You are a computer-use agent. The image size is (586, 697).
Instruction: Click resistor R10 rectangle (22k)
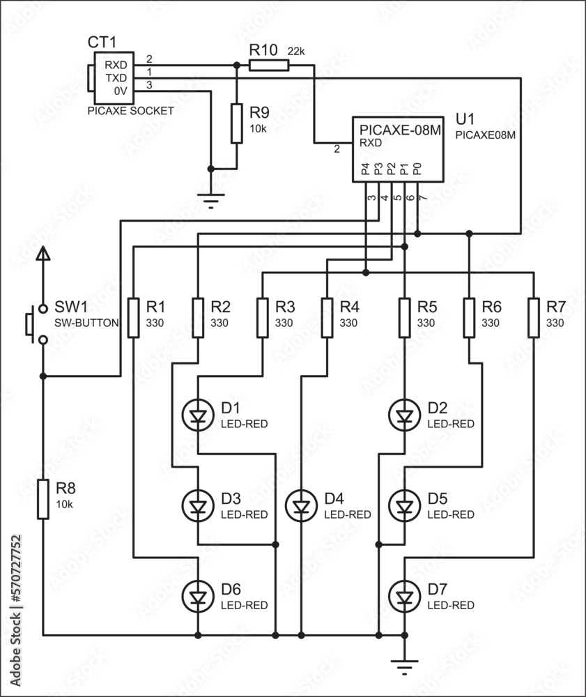(268, 66)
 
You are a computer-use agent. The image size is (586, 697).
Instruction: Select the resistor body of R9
(237, 124)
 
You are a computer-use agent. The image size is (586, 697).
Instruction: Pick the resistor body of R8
(43, 499)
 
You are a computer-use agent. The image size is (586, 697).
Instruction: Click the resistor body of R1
(134, 318)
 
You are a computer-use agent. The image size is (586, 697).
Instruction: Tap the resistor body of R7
(534, 318)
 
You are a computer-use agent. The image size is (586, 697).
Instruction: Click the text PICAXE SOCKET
(130, 110)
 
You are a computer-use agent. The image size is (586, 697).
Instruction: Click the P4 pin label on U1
(364, 169)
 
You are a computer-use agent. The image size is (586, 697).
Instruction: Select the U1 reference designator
(465, 119)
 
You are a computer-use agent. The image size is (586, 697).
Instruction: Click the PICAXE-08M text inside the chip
(400, 130)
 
